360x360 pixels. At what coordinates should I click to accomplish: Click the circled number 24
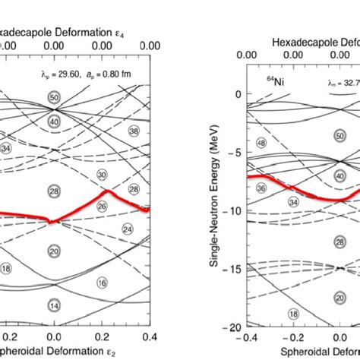point(127,229)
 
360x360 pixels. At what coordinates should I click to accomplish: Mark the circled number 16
point(102,283)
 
